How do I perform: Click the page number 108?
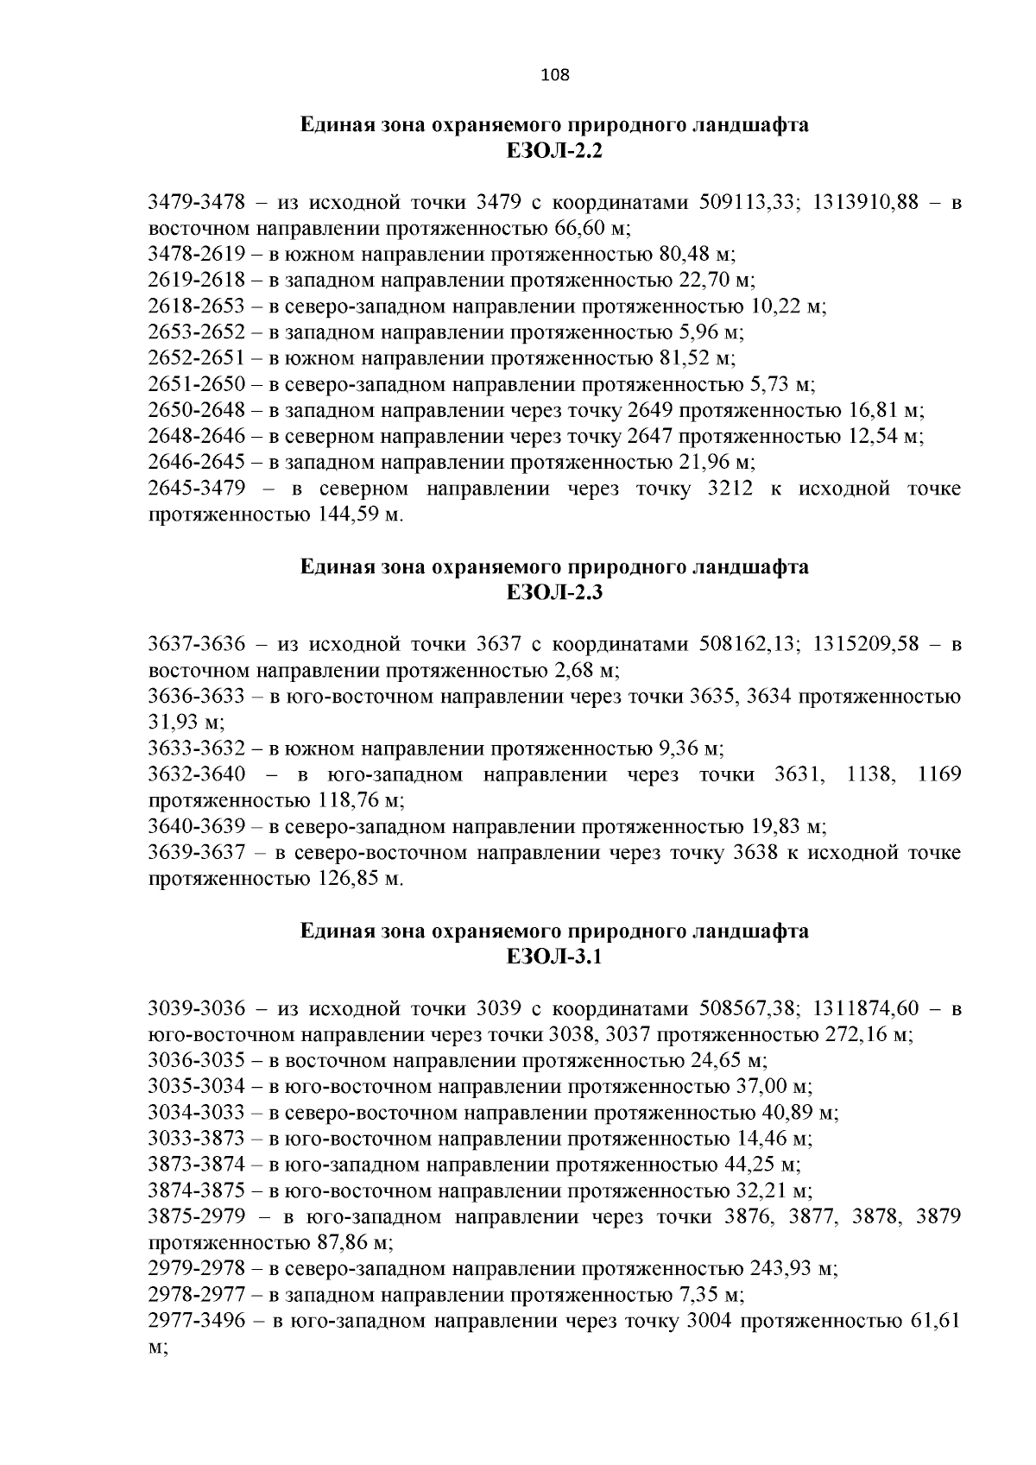554,75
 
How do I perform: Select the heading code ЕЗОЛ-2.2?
554,152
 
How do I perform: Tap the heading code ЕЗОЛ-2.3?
554,593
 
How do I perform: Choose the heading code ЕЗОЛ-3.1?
554,957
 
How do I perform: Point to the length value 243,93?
780,1269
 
